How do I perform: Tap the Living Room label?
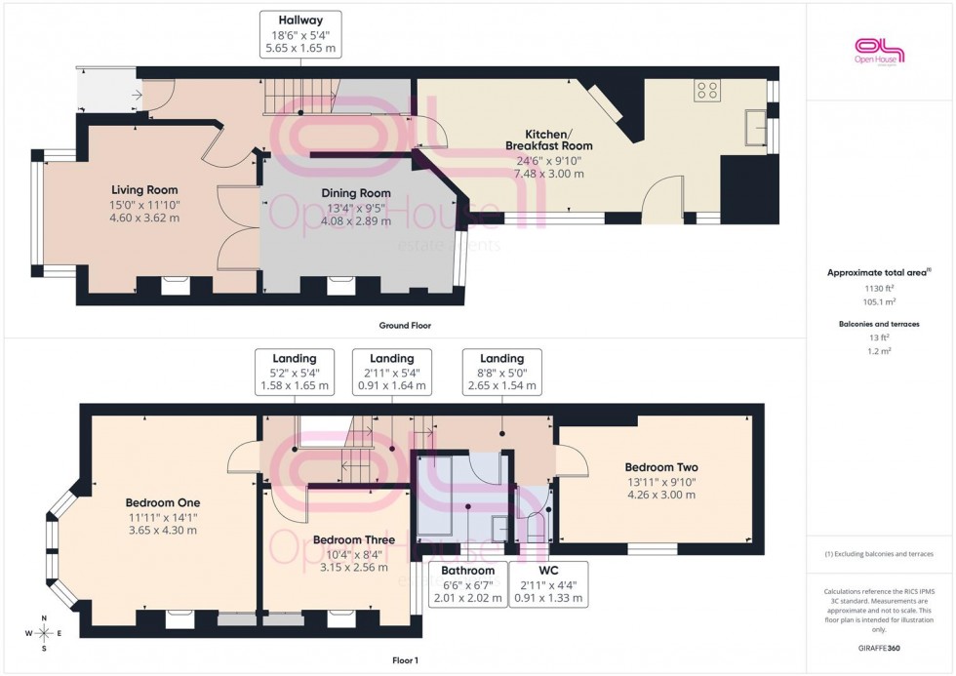(144, 189)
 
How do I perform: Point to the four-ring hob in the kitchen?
(707, 91)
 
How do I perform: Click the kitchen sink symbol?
(754, 126)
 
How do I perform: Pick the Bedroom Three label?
(354, 539)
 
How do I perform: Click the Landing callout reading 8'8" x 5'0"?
(501, 372)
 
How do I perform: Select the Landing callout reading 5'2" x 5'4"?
(294, 372)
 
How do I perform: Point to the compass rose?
(44, 633)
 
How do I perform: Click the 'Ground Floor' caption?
(405, 325)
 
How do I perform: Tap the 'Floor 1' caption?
(405, 660)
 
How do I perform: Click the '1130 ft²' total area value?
(880, 289)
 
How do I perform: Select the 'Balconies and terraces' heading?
(880, 323)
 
